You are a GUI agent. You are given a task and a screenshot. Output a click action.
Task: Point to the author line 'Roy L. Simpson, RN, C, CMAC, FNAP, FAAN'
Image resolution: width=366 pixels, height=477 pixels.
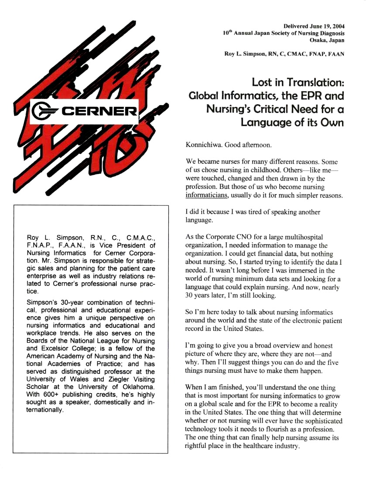pos(284,54)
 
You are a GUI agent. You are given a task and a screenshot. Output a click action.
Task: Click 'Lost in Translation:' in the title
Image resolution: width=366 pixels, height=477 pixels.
pos(298,82)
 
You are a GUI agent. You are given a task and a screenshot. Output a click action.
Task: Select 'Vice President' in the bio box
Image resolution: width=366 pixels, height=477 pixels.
pos(133,245)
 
